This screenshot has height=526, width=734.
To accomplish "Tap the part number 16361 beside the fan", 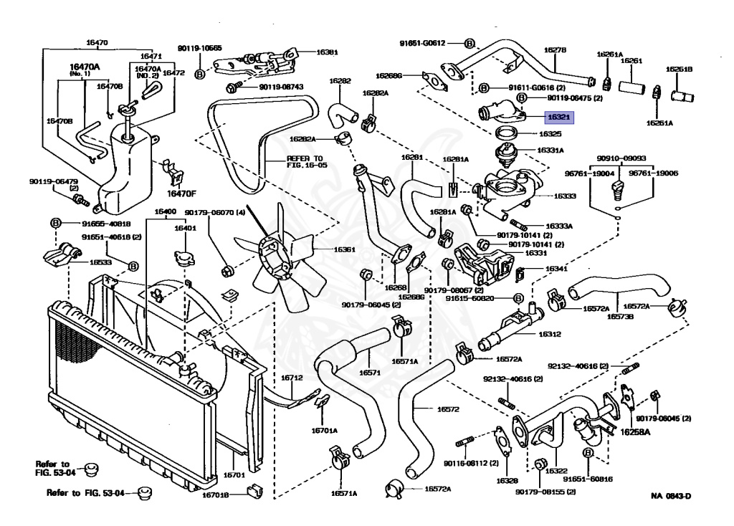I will point(324,249).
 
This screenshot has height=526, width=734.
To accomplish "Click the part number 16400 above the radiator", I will point(165,212).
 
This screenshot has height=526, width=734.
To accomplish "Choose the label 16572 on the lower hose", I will point(448,410).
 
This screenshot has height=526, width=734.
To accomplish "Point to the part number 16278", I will point(555,50).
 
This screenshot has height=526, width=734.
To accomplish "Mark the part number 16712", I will point(292,378).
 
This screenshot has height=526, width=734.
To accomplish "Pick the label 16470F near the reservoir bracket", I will point(181,193).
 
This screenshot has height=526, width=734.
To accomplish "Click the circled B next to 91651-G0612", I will point(469,43).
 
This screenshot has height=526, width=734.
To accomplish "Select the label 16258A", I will point(634,432).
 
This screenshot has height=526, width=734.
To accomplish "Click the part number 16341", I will point(556,269).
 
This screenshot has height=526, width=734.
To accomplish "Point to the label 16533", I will point(100,262).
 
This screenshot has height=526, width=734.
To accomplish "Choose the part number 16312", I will point(550,334).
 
